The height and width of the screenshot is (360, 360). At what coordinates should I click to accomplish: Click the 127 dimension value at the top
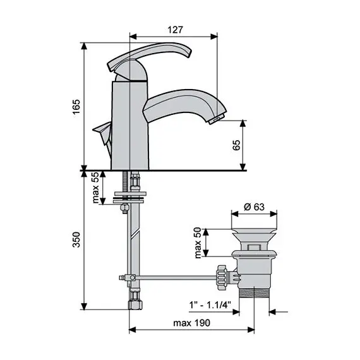point(176,29)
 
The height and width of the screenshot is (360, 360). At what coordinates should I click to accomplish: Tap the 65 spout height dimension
point(237,145)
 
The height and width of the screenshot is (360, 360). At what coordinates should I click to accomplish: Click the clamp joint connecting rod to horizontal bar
point(128,277)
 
